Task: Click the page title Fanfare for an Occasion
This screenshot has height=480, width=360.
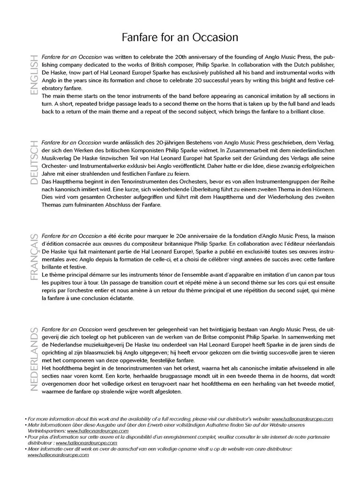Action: click(180, 37)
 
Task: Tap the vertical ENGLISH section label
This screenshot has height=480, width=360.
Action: click(33, 75)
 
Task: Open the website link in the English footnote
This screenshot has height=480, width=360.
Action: click(302, 419)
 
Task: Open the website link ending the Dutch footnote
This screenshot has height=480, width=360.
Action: click(58, 455)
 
